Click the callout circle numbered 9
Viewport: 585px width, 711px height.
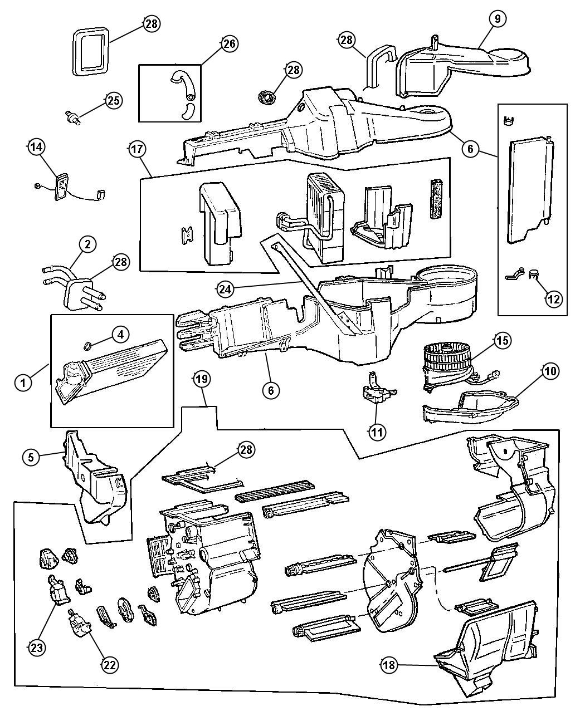[x=498, y=19]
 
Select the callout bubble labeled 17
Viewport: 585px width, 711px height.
[x=136, y=149]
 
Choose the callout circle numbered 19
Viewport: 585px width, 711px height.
[x=201, y=379]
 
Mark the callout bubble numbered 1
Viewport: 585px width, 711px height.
[x=23, y=383]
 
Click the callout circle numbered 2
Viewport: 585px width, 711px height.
[x=87, y=243]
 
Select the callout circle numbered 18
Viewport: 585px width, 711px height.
[x=389, y=665]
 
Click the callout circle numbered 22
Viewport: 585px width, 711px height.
[x=111, y=664]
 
